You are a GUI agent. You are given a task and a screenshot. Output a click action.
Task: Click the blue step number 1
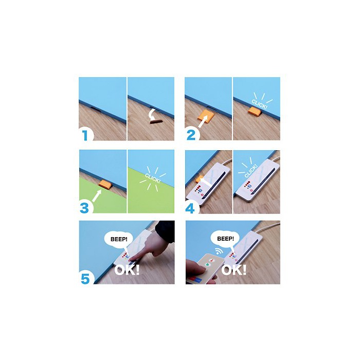coord(85,135)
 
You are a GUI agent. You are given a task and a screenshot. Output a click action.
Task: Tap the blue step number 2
coord(191,135)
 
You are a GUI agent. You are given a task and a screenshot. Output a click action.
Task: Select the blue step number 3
coord(84,208)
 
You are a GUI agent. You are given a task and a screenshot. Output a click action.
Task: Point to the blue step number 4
coord(190,208)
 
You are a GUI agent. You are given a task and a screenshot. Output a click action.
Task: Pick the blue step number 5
coord(85,279)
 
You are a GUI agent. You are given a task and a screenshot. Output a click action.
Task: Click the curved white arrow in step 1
coord(152,114)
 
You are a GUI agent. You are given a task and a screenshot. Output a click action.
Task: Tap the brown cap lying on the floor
coord(156,122)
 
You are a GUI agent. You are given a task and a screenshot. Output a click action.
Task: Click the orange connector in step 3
coord(105,184)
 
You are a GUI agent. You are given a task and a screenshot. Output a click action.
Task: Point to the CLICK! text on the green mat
coord(152,178)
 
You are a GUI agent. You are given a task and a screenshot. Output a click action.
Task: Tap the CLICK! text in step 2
coord(259,104)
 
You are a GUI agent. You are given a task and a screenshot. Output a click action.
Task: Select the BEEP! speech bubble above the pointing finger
coord(118,240)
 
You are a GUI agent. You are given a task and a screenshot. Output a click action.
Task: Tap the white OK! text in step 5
coord(127,270)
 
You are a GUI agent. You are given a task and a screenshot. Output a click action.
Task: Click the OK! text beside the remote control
coord(233,270)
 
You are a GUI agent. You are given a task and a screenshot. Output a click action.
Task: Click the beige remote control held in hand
coord(206,268)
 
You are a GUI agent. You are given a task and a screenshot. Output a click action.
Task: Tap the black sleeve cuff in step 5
coord(165,231)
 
